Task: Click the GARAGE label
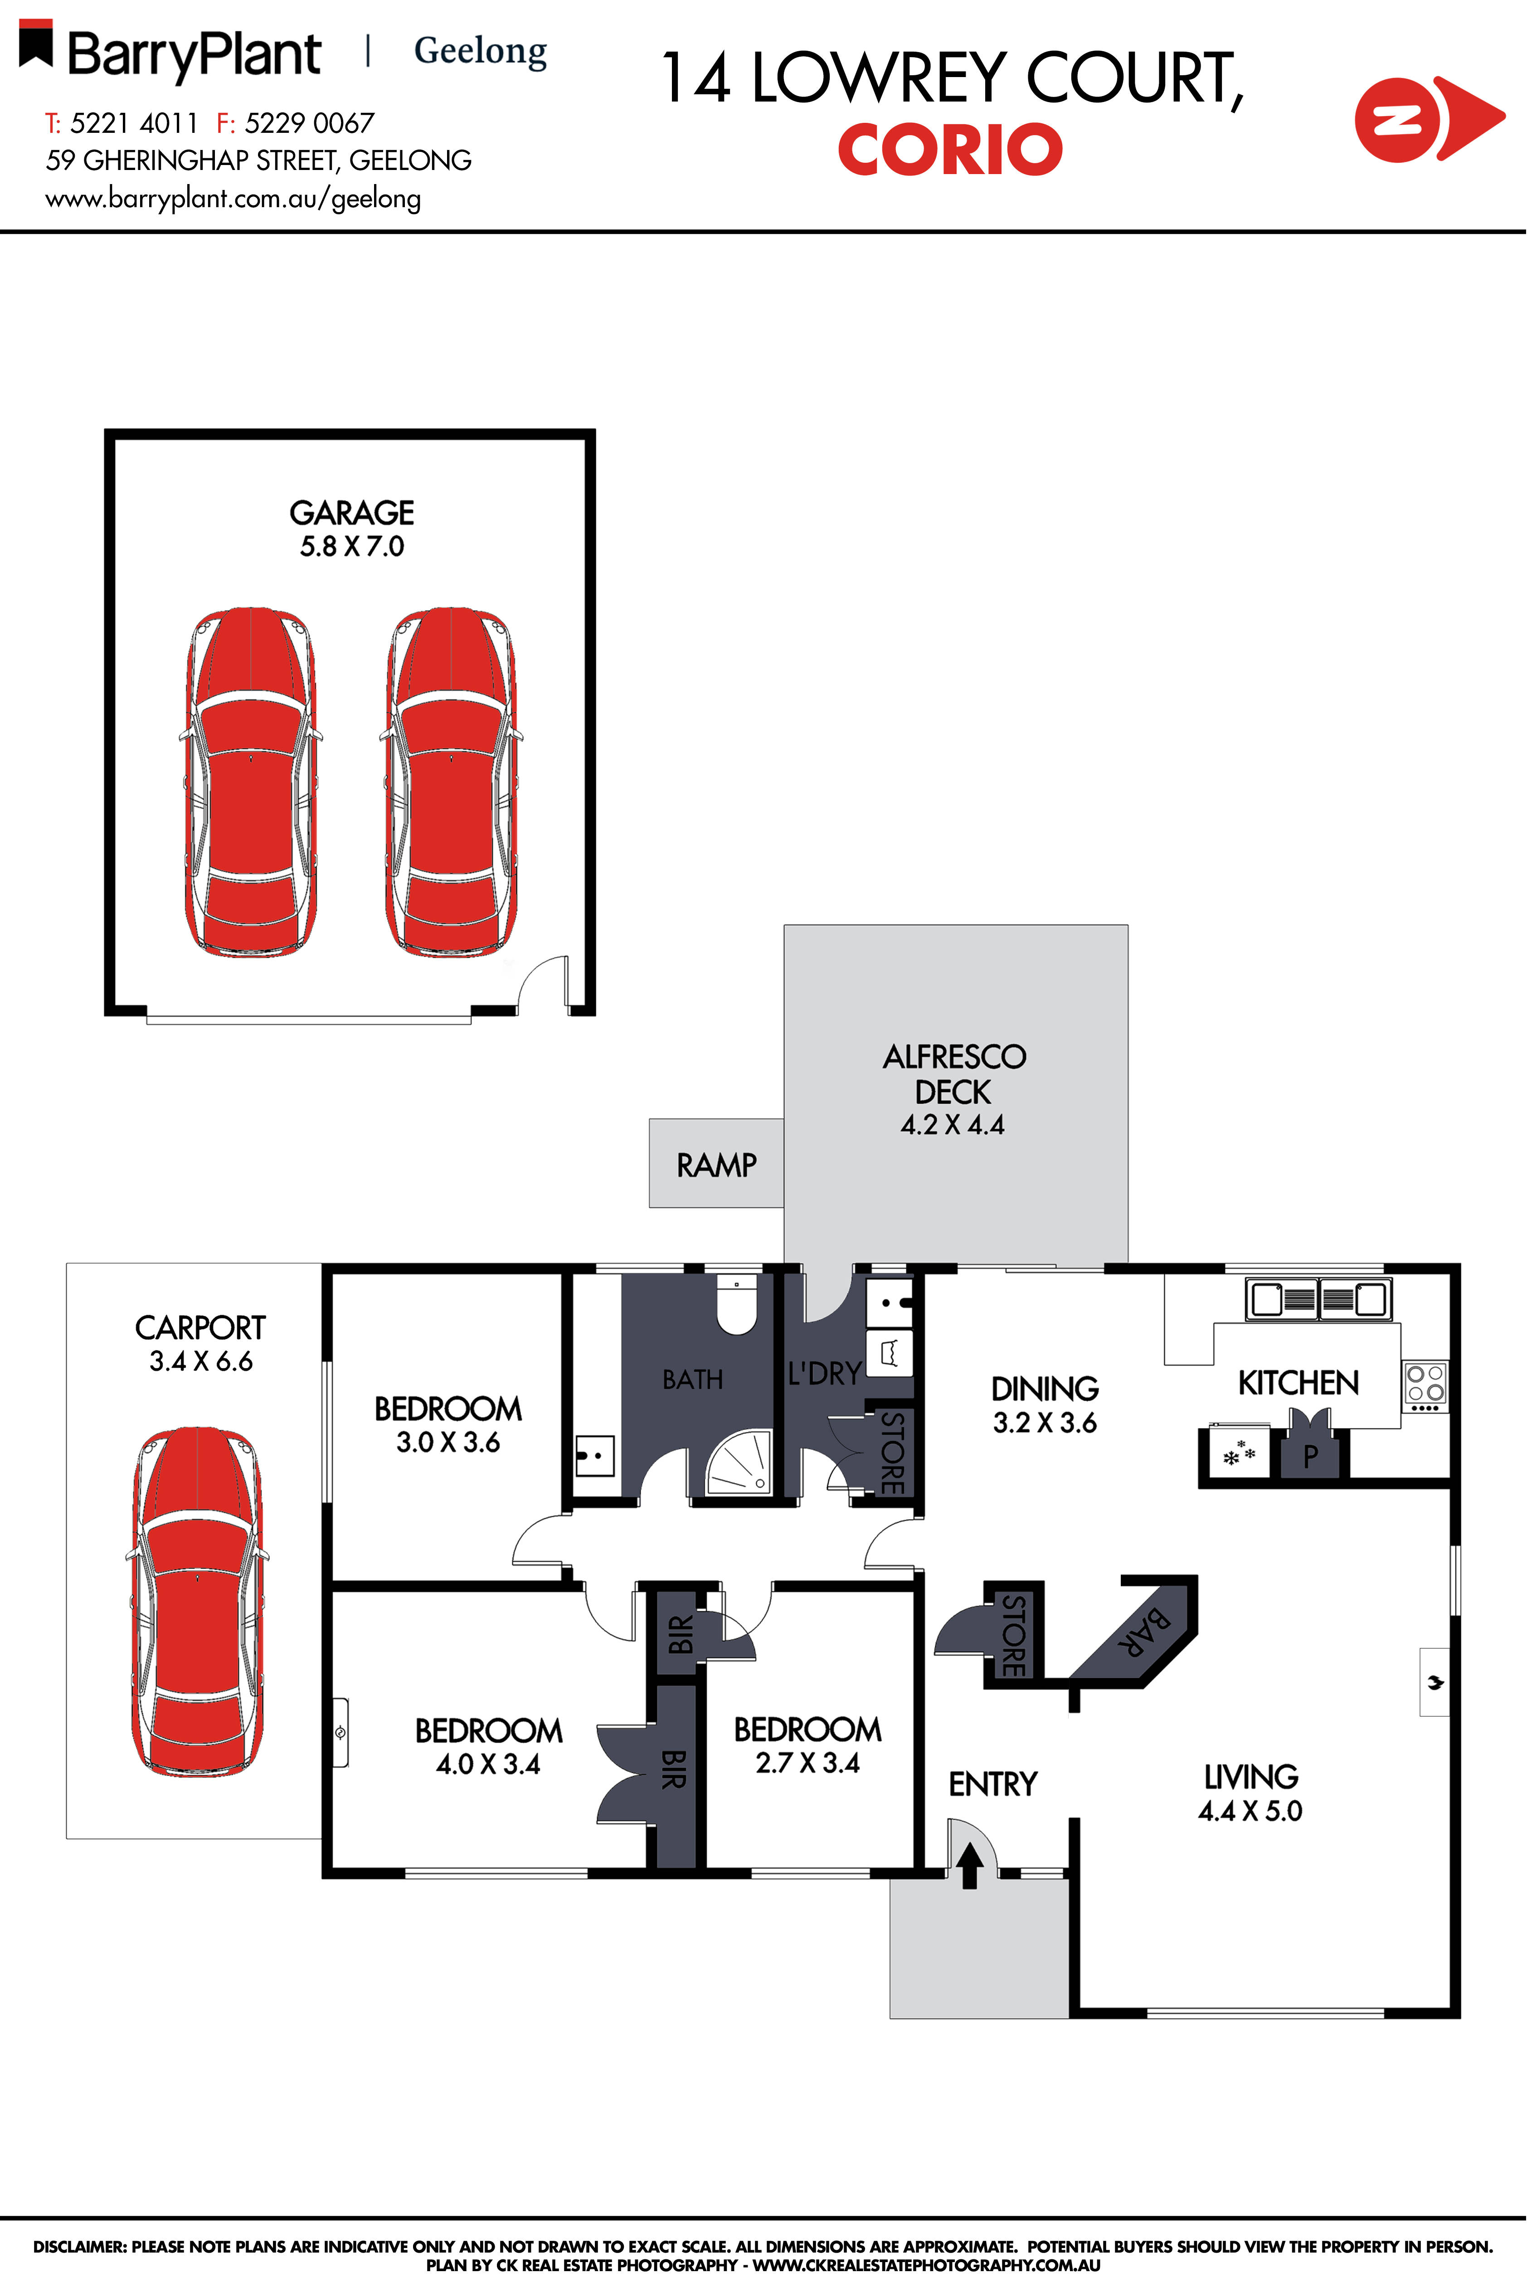[351, 513]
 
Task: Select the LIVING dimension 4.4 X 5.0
[1250, 1811]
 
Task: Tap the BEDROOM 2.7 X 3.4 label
[807, 1746]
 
